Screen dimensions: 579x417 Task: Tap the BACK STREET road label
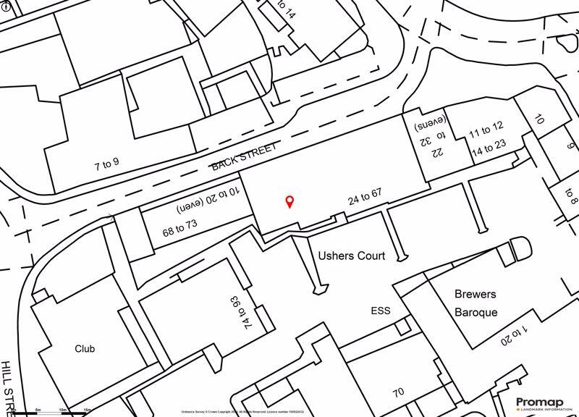point(244,156)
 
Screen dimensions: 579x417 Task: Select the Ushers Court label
point(352,256)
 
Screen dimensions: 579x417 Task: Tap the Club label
point(85,348)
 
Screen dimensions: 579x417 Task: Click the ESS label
point(380,311)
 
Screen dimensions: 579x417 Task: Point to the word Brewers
point(476,295)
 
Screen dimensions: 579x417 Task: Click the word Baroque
point(476,313)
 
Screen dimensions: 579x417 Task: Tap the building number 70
point(398,393)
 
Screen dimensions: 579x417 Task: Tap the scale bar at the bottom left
point(54,413)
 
